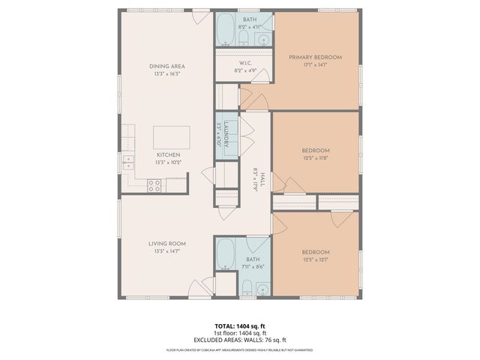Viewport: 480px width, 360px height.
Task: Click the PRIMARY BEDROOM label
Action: tap(315, 57)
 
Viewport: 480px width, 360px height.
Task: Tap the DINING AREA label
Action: tap(166, 66)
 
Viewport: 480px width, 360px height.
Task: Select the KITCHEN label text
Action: tap(167, 154)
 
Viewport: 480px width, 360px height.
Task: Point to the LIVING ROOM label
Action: tap(166, 244)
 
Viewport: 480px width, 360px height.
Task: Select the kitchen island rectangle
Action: tap(171, 137)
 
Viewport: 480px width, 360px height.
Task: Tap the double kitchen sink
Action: tap(128, 160)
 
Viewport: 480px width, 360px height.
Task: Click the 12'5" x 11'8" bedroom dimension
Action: tap(315, 158)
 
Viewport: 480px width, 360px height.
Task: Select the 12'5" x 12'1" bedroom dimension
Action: tap(315, 260)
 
